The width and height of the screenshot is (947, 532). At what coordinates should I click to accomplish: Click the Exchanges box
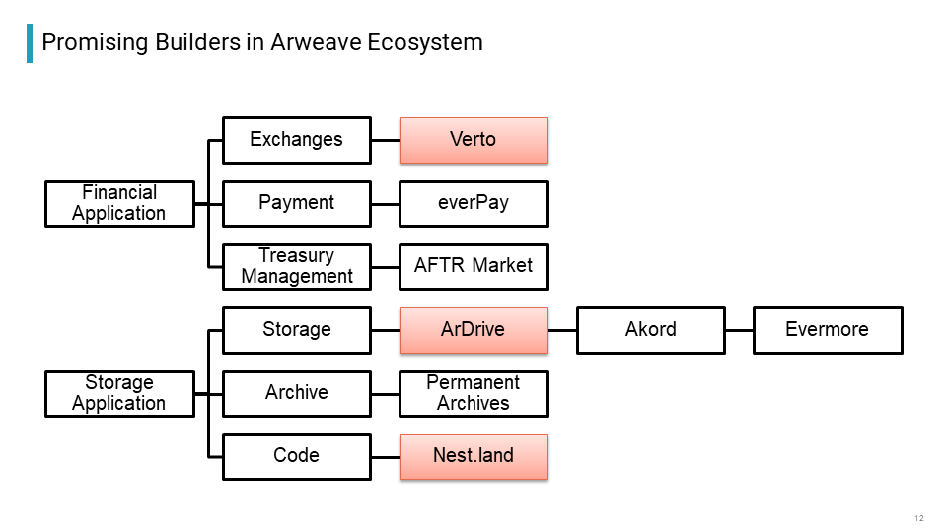pyautogui.click(x=297, y=141)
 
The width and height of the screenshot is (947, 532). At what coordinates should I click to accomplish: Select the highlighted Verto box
pyautogui.click(x=473, y=141)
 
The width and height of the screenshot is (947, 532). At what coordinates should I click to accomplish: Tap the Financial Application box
pyautogui.click(x=119, y=204)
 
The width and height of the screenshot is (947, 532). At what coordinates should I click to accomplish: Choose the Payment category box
pyautogui.click(x=297, y=204)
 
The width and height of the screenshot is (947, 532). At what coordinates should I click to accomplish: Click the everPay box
pyautogui.click(x=473, y=204)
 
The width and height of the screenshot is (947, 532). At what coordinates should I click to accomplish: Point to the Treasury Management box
pyautogui.click(x=297, y=267)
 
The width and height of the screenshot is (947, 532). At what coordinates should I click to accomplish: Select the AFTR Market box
pyautogui.click(x=473, y=267)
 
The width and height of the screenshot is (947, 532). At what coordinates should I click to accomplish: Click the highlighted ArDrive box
pyautogui.click(x=473, y=331)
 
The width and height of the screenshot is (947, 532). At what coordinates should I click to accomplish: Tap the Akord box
pyautogui.click(x=651, y=331)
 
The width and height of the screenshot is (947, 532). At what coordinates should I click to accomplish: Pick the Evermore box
pyautogui.click(x=828, y=331)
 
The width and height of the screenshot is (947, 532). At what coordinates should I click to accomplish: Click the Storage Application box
pyautogui.click(x=119, y=394)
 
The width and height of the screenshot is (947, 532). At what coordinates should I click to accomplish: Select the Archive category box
pyautogui.click(x=297, y=394)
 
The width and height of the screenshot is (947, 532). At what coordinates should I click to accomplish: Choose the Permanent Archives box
pyautogui.click(x=473, y=394)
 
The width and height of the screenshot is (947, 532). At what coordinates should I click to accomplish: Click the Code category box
pyautogui.click(x=297, y=457)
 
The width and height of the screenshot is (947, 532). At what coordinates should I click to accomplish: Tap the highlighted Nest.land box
pyautogui.click(x=473, y=457)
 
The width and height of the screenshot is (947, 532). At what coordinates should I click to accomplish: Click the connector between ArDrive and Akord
pyautogui.click(x=562, y=331)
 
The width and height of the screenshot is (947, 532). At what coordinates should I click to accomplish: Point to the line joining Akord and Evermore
pyautogui.click(x=739, y=331)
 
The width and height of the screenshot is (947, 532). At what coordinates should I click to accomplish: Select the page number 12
pyautogui.click(x=919, y=518)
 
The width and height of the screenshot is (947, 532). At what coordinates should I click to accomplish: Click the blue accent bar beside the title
pyautogui.click(x=30, y=43)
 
